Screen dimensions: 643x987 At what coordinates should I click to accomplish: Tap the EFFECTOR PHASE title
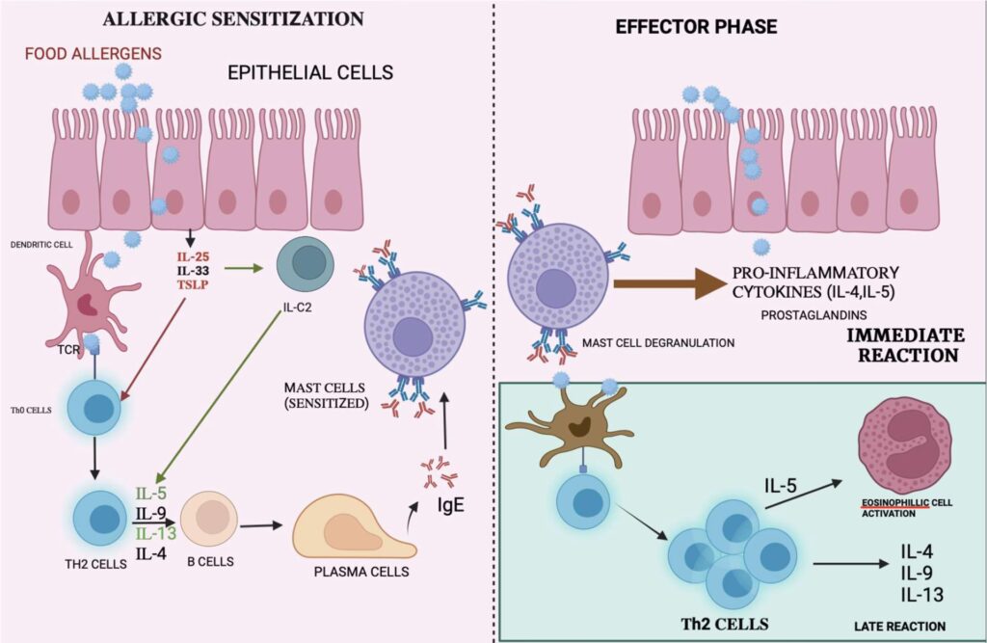coord(696,27)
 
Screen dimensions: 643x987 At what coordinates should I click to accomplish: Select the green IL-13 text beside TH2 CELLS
coord(154,533)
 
